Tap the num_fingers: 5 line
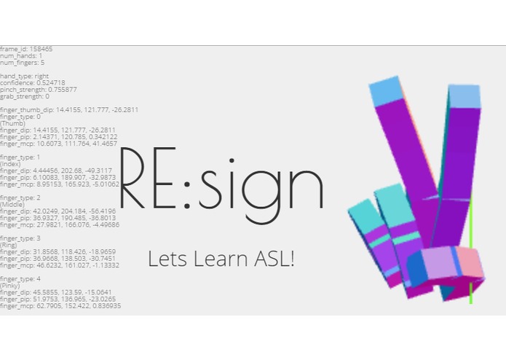(x=22, y=63)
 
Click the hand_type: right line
(x=25, y=76)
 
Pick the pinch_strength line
(x=38, y=90)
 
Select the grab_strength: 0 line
(x=25, y=96)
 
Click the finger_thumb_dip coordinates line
(x=68, y=110)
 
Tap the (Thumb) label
(x=12, y=123)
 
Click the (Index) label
(x=12, y=164)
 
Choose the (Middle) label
(x=13, y=205)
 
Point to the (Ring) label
(x=10, y=246)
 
